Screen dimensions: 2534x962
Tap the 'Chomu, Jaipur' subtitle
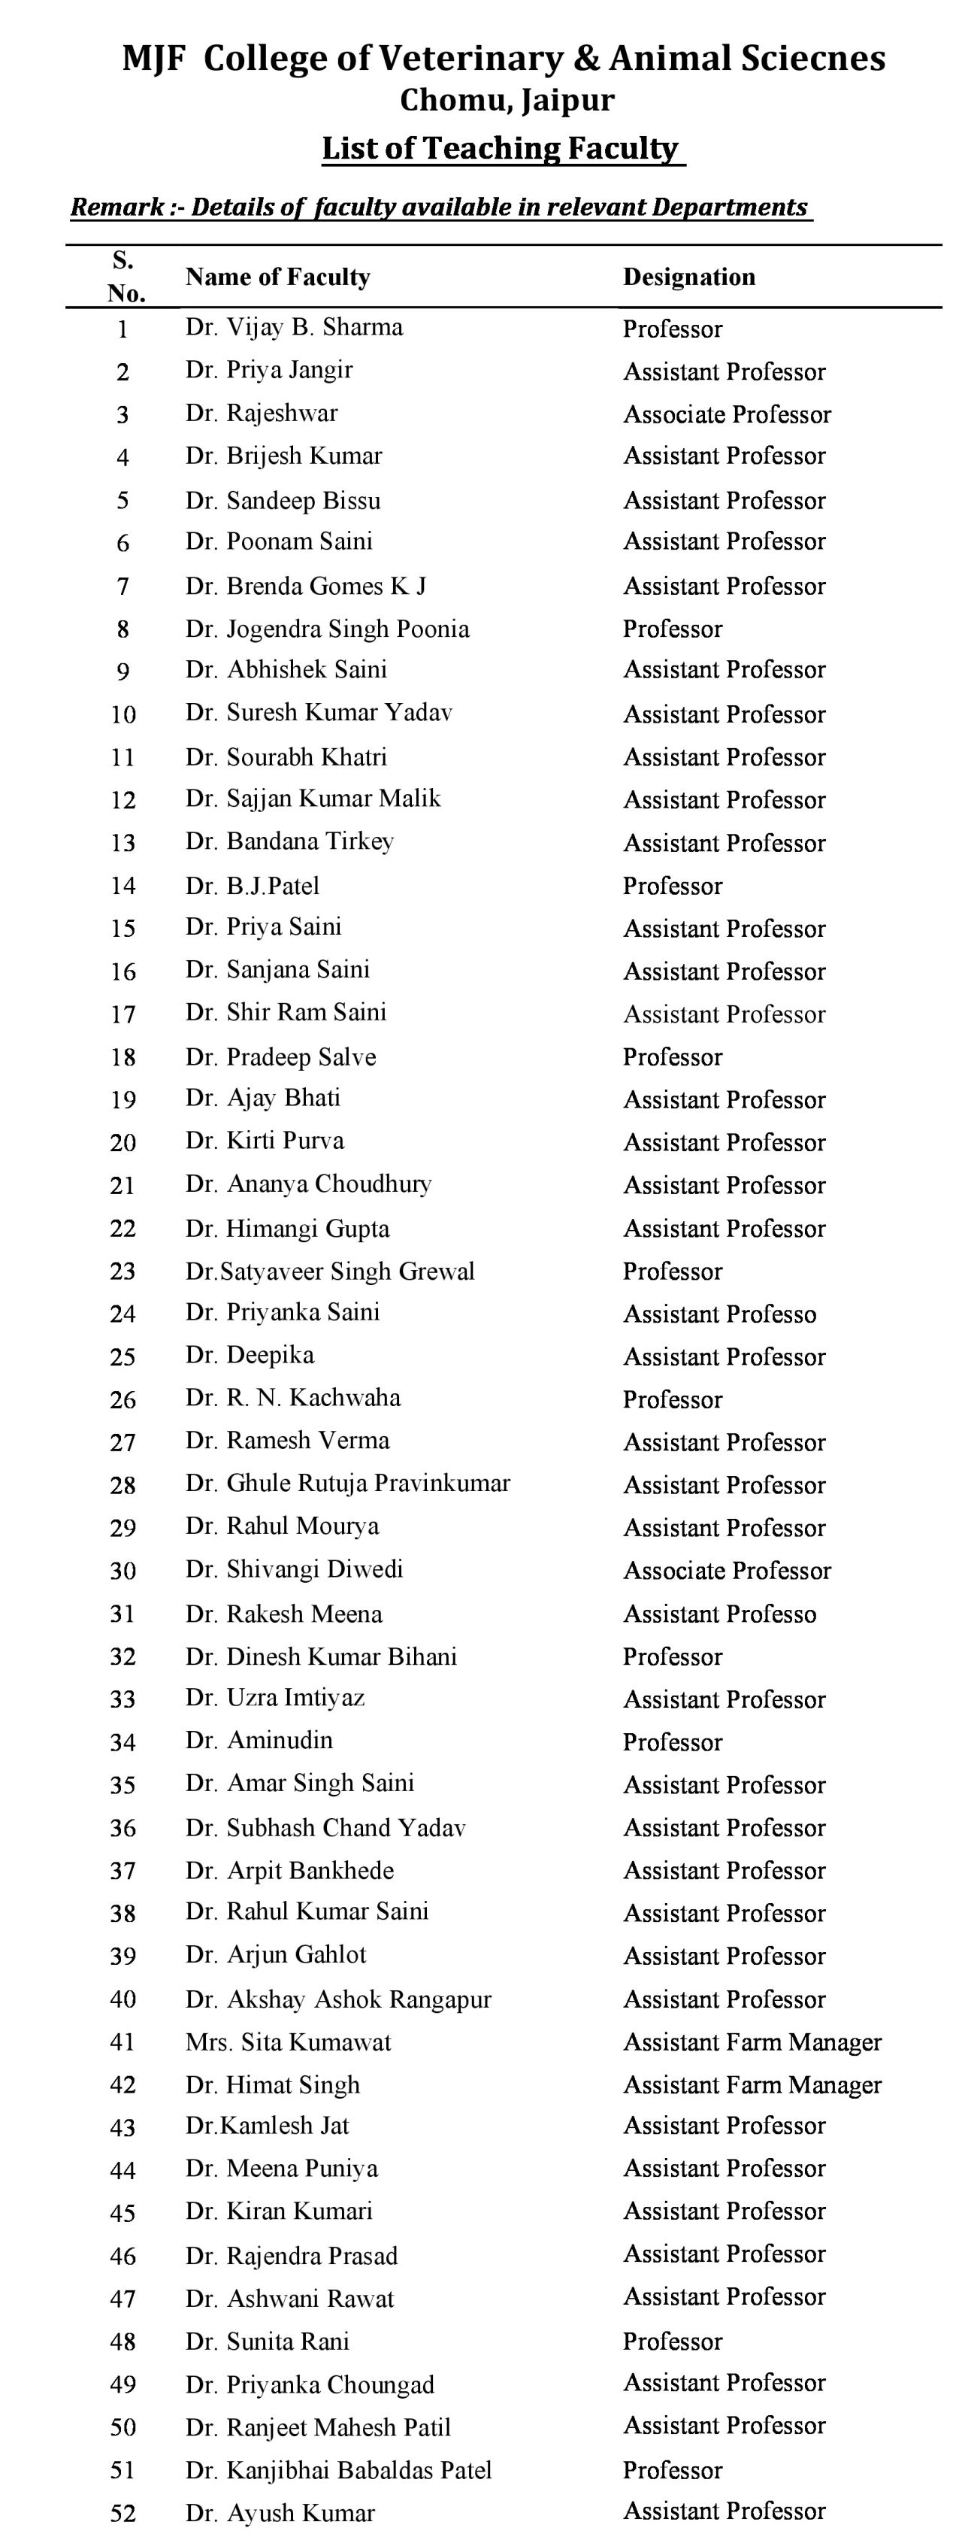pos(507,100)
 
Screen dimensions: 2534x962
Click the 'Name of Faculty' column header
pos(277,277)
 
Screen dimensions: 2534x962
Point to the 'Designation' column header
pos(688,277)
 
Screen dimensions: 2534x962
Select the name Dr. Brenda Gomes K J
pos(306,587)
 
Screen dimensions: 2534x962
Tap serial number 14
pos(123,887)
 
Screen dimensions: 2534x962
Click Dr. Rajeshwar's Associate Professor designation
pos(727,414)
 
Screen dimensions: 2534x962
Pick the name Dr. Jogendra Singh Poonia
pos(328,629)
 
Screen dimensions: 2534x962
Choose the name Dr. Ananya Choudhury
pos(309,1184)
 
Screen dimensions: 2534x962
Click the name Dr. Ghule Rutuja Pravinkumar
pos(347,1484)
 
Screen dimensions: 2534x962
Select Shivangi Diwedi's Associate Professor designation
pos(727,1570)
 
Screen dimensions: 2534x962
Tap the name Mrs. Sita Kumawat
pos(288,2042)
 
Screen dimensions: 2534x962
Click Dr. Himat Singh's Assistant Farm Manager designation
pos(752,2084)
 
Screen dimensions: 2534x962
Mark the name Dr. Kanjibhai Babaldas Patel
pos(338,2470)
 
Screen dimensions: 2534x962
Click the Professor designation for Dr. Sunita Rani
pos(673,2342)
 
